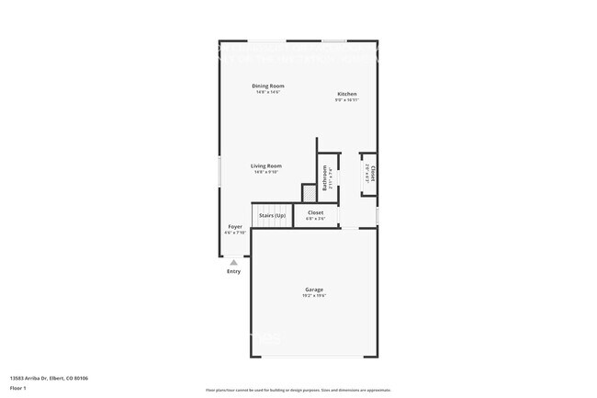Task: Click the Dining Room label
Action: click(268, 85)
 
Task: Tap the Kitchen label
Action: click(346, 94)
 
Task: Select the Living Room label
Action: click(265, 165)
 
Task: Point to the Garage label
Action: click(314, 289)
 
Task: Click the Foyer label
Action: click(235, 226)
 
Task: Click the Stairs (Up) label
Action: click(272, 215)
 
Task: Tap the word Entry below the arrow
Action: click(233, 271)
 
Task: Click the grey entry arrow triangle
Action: click(233, 262)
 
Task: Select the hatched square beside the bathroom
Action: click(310, 191)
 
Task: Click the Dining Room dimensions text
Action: click(268, 92)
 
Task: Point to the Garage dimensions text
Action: click(314, 296)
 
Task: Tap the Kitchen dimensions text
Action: click(346, 99)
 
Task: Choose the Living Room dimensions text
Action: click(265, 172)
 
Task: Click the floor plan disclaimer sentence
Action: click(298, 391)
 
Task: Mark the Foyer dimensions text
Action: click(235, 233)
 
